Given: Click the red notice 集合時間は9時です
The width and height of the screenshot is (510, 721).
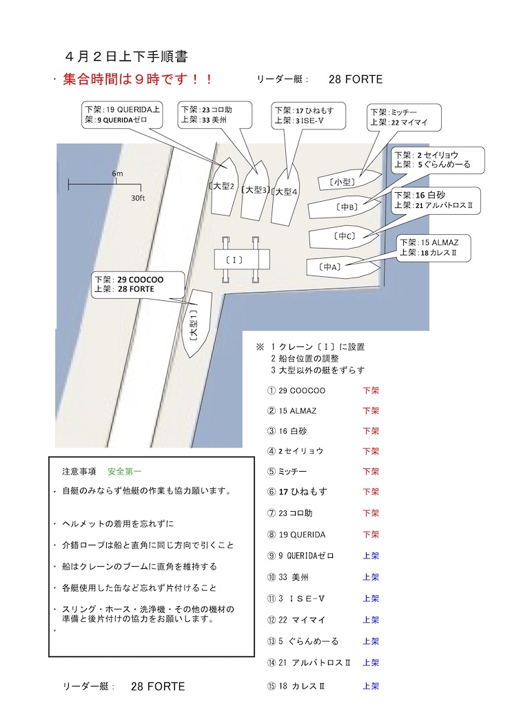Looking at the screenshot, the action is [x=137, y=79].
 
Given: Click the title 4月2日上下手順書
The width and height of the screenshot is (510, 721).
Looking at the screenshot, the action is [x=127, y=56].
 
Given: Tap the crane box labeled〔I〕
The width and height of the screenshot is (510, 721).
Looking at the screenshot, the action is [x=242, y=260].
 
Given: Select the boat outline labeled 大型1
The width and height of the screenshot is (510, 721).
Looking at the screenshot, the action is [x=198, y=323].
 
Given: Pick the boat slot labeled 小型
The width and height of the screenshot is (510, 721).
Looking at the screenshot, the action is [x=350, y=180].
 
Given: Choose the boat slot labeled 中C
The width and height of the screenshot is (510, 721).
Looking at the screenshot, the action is [x=343, y=238].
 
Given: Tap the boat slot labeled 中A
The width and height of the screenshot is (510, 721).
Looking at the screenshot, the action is [x=343, y=267].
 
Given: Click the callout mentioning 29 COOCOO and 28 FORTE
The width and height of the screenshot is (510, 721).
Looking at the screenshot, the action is [x=138, y=284].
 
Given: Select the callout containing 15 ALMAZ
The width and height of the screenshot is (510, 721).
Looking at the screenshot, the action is [x=433, y=248].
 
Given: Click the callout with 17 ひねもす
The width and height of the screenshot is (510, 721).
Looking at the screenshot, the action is [x=308, y=116].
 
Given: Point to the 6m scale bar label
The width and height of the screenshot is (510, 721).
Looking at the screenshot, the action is [x=117, y=174].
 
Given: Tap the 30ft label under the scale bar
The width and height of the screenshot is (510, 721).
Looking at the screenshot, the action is [x=138, y=198].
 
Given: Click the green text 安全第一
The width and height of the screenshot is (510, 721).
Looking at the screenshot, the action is [x=124, y=471].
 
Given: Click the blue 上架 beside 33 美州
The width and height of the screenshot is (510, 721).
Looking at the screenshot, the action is [x=371, y=577].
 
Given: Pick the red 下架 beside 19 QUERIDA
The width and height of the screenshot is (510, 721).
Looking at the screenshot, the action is [x=371, y=534].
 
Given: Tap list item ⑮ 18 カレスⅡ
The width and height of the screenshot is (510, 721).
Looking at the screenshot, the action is [x=296, y=686].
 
